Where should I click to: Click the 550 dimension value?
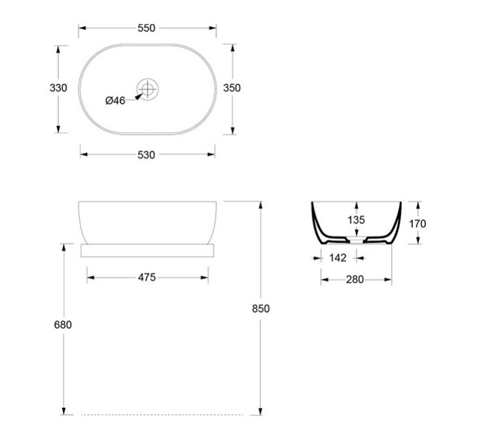coord(147,28)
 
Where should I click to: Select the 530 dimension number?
coord(147,155)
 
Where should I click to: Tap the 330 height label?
coord(58,88)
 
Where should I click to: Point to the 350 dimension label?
coord(232,88)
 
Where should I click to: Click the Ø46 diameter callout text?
coord(115,100)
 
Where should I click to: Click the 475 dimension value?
coord(147,277)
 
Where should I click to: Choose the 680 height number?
coord(63,325)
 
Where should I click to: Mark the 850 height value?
coord(261,309)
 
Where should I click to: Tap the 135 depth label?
coord(357,220)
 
